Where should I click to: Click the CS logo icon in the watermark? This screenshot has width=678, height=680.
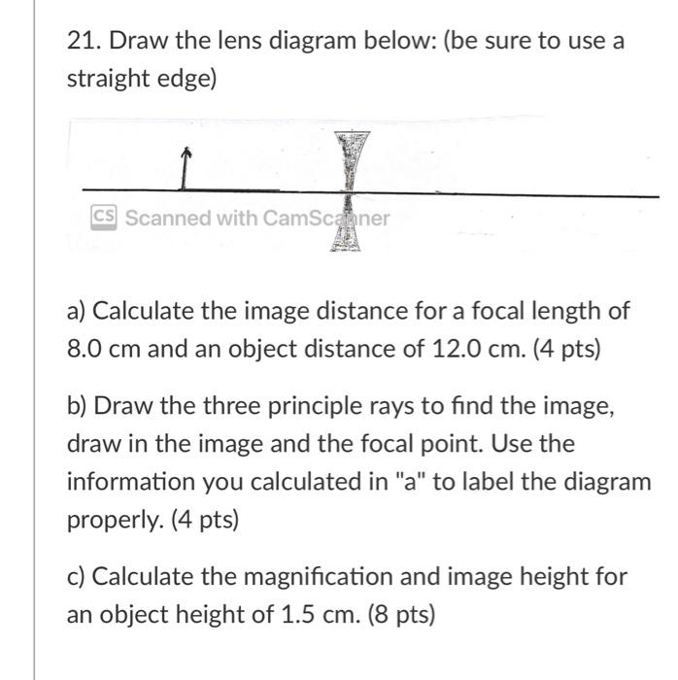click(x=104, y=217)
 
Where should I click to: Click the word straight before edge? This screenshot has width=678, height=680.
click(x=104, y=80)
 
